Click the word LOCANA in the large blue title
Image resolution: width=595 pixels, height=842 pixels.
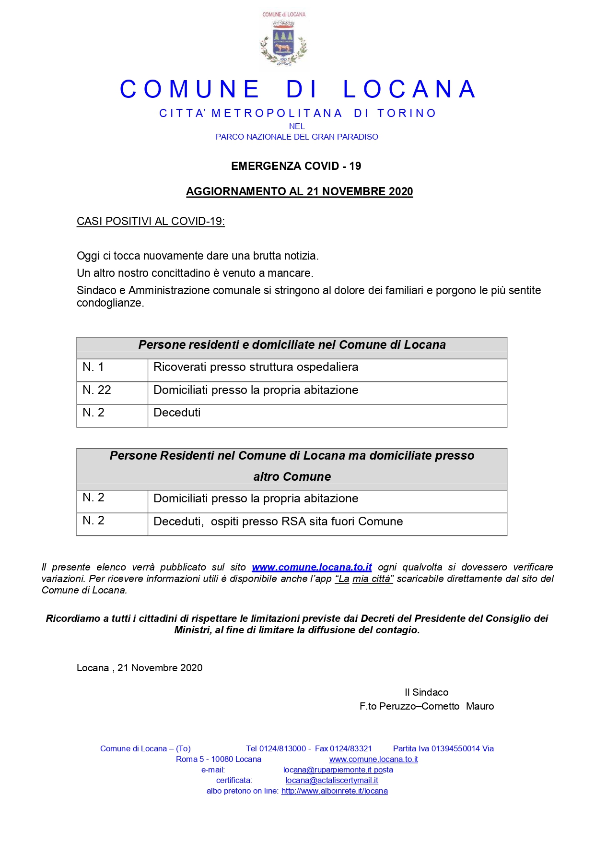click(409, 90)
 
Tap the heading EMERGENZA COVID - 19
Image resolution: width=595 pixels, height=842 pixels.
click(296, 166)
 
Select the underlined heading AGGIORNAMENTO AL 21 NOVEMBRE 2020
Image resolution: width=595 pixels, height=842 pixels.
click(299, 191)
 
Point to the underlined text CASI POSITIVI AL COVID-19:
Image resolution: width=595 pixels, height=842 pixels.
click(151, 221)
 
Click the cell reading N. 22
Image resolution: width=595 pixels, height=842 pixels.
click(97, 390)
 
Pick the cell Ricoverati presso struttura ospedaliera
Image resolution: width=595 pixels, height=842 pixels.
click(256, 367)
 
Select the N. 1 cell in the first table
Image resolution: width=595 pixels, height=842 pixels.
click(93, 367)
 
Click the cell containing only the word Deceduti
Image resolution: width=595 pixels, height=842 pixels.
click(177, 413)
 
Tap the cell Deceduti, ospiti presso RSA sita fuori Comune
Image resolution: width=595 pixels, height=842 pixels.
click(278, 522)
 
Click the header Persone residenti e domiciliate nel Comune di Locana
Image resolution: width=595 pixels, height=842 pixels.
click(292, 345)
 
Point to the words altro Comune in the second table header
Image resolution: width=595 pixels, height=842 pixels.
click(292, 477)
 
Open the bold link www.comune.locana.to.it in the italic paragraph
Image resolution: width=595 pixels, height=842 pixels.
click(312, 567)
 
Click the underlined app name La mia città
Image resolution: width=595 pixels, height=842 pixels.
click(364, 579)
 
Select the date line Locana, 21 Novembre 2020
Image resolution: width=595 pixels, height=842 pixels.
click(140, 668)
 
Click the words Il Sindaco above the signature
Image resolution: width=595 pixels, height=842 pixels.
click(426, 692)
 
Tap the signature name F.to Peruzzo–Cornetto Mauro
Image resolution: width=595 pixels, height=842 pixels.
click(426, 706)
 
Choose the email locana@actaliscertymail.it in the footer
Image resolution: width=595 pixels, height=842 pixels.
click(332, 781)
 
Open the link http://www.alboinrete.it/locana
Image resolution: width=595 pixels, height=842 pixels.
click(334, 791)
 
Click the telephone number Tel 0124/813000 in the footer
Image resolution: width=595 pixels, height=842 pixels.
click(276, 748)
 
